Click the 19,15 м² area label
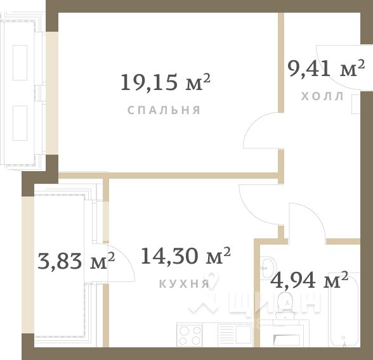point(165,82)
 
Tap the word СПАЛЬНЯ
point(164,110)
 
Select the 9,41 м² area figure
point(326,68)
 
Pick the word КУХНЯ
point(184,283)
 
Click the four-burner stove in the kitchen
point(190,335)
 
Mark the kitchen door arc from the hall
point(257,200)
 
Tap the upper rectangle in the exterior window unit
point(20,61)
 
